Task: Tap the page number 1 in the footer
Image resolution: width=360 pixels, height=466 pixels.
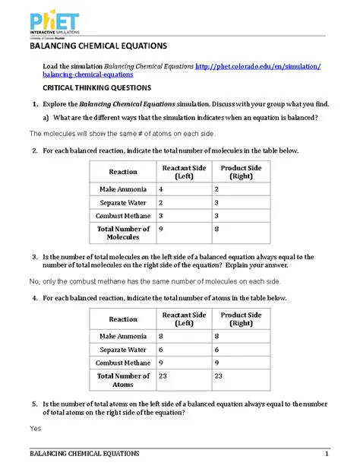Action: point(326,455)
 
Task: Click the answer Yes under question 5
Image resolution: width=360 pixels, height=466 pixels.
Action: point(35,428)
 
